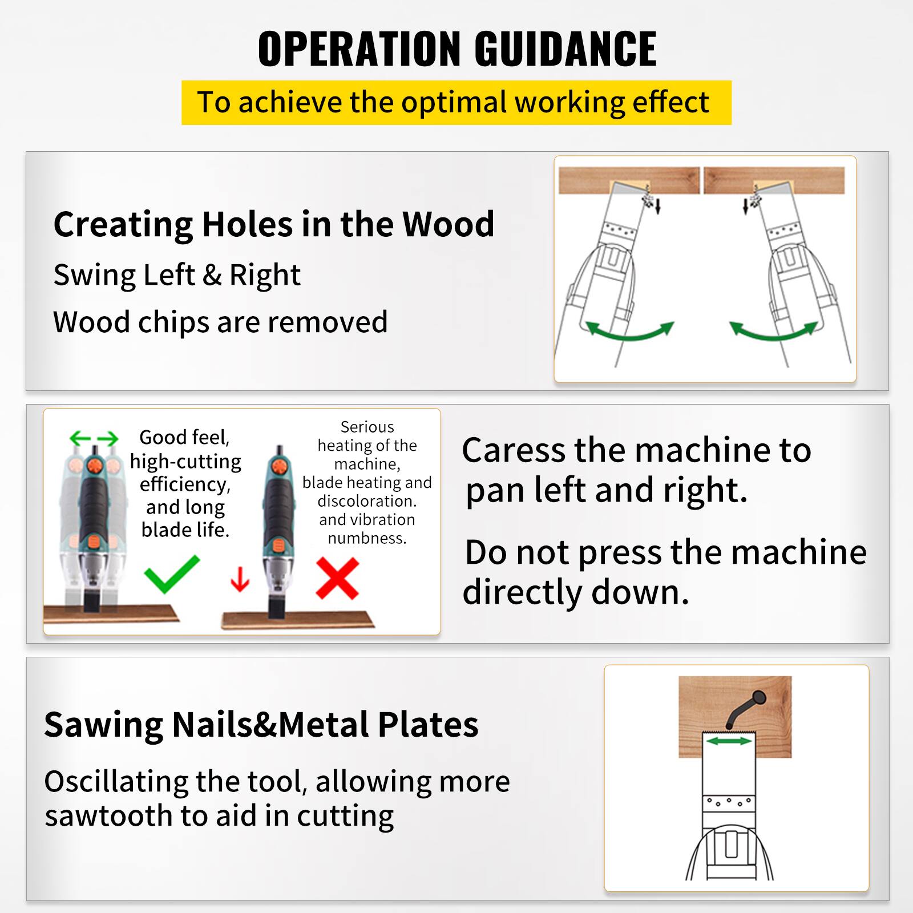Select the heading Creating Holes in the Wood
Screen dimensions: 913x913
click(x=273, y=224)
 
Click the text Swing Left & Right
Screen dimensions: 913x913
click(x=177, y=275)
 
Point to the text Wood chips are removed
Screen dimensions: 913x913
click(x=220, y=322)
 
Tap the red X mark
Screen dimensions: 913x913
click(x=337, y=578)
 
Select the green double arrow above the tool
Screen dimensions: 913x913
click(x=94, y=439)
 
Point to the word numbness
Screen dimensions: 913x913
click(x=367, y=538)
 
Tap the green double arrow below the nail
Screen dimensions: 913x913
click(x=729, y=741)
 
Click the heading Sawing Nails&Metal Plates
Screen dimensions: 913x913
click(x=261, y=725)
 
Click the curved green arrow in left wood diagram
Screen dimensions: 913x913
click(x=629, y=333)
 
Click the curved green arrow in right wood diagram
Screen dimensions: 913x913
click(x=774, y=333)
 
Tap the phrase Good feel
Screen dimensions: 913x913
click(x=184, y=438)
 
